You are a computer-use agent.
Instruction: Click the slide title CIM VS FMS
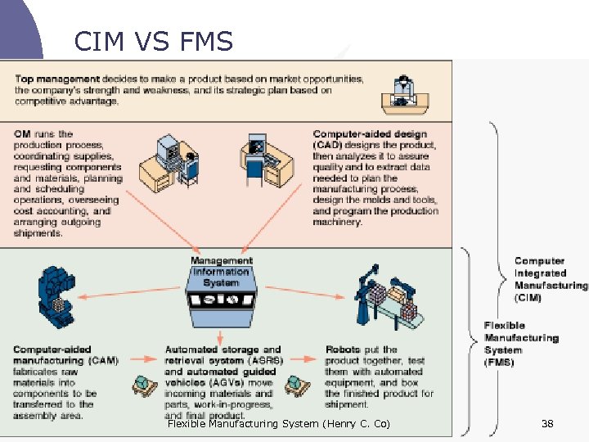153,41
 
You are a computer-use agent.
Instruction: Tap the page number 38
547,423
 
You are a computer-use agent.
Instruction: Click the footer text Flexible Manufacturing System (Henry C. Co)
278,423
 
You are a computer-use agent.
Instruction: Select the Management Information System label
221,272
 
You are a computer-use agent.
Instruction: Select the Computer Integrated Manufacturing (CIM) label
550,279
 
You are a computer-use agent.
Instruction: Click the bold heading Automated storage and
223,350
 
